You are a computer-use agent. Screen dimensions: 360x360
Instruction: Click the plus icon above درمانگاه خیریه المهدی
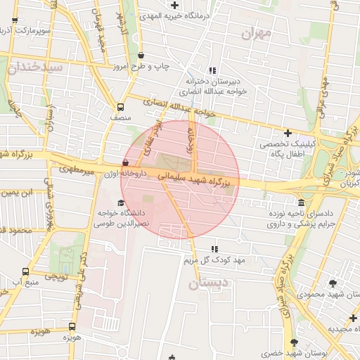click(174, 6)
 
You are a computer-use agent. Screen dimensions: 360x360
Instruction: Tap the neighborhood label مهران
click(255, 33)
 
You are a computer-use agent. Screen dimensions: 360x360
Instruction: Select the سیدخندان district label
click(35, 67)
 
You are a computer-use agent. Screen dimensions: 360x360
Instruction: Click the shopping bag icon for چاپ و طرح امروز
click(141, 55)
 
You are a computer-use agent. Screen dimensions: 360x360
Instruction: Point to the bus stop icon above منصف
click(120, 107)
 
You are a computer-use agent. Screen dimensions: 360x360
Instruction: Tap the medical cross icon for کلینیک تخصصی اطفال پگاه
click(287, 133)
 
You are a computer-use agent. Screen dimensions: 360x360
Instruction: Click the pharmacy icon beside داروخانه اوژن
click(125, 164)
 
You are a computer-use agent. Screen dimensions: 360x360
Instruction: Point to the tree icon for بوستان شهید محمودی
click(333, 283)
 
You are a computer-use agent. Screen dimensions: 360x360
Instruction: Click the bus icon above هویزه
click(72, 326)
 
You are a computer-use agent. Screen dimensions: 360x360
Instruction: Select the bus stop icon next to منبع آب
click(26, 271)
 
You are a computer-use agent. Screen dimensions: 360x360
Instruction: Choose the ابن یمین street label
click(19, 192)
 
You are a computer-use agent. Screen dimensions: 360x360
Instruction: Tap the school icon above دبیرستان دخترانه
click(192, 71)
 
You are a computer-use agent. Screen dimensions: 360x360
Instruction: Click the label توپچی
click(56, 277)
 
